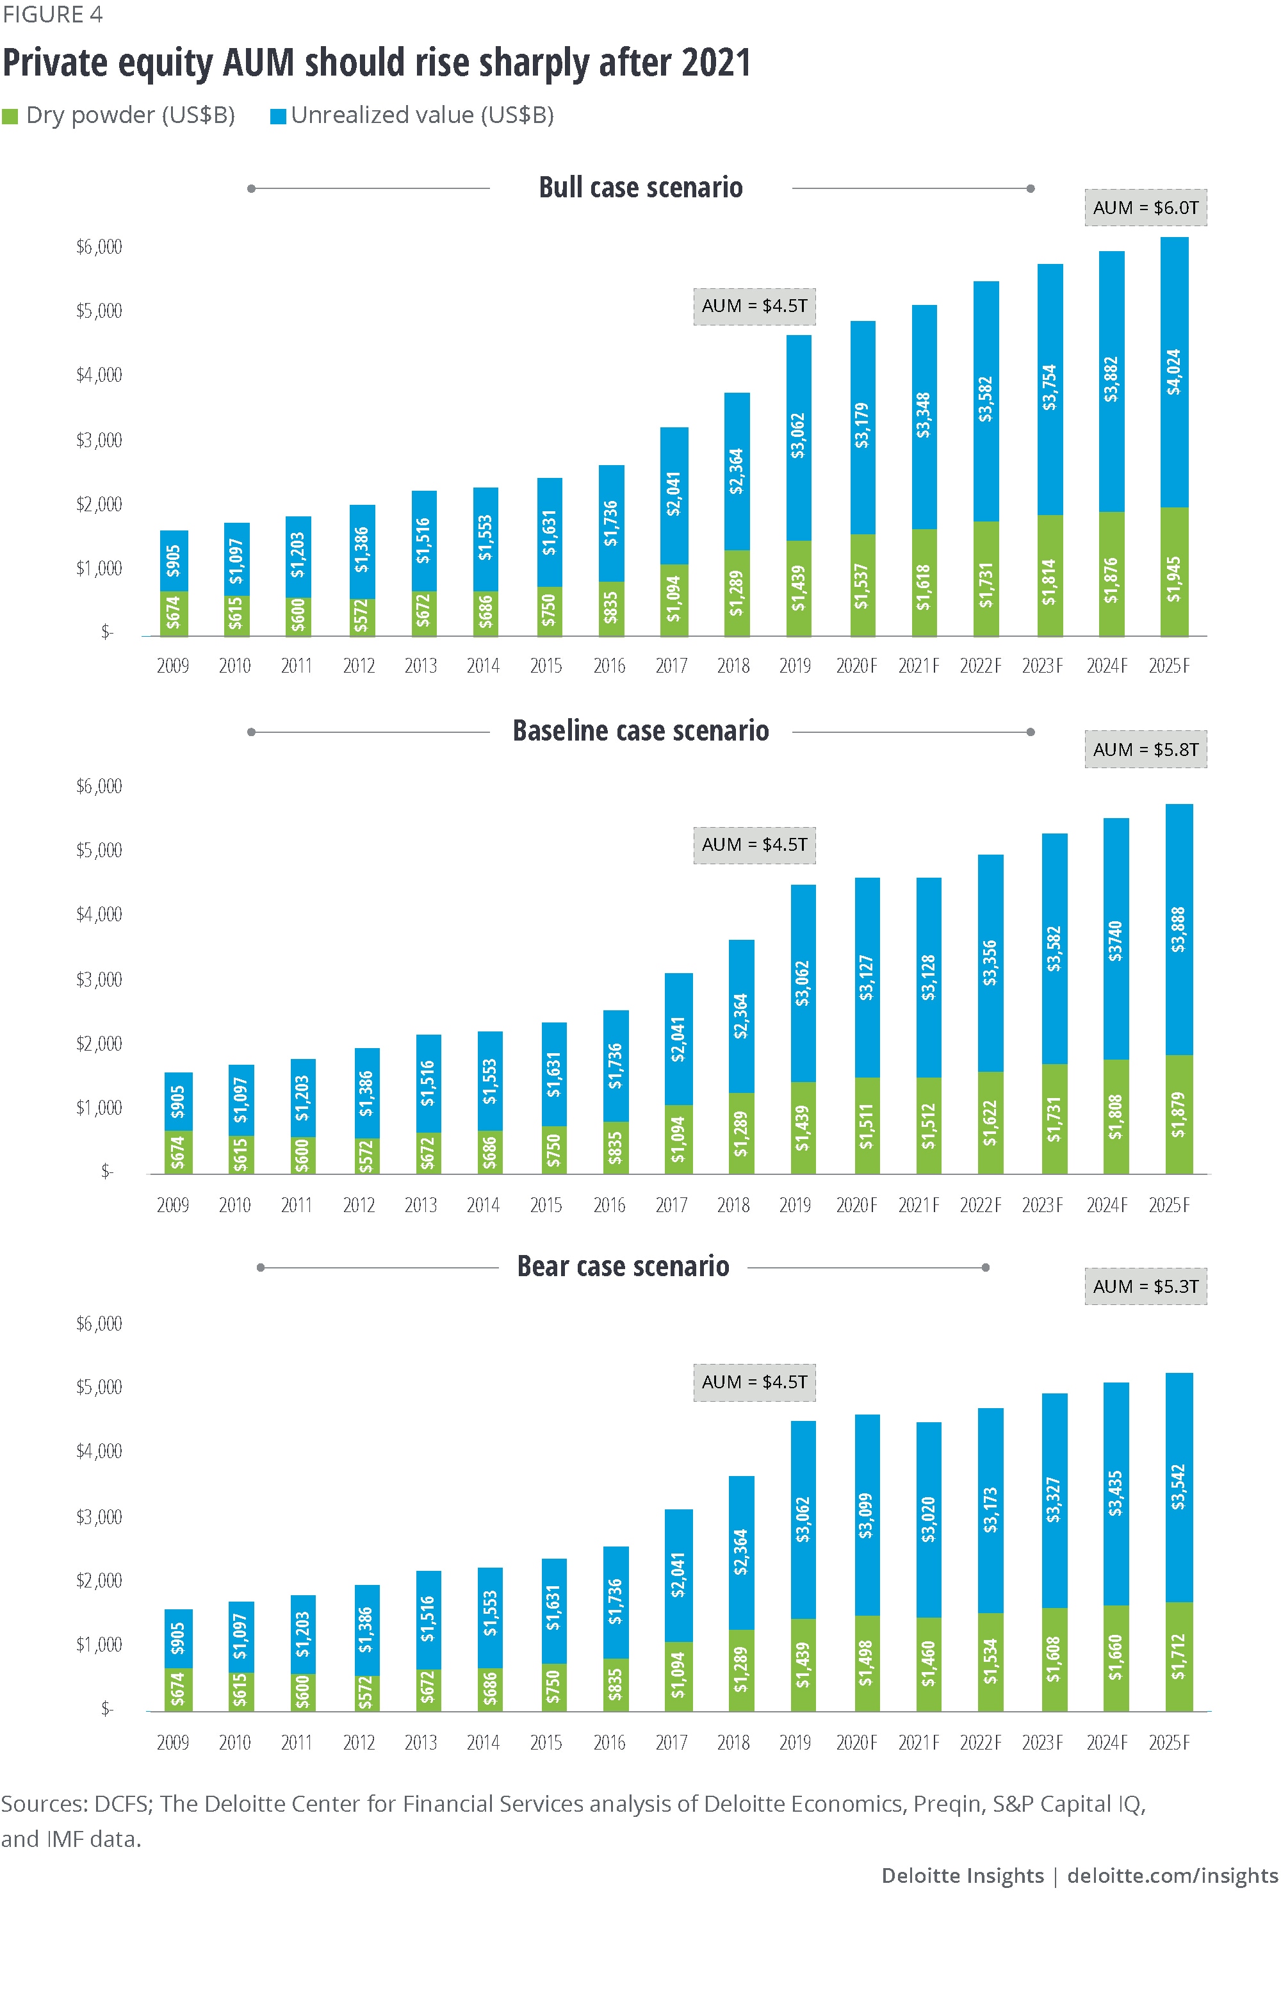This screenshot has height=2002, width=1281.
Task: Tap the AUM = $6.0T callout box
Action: tap(1145, 208)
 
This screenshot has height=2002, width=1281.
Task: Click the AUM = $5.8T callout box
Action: tap(1145, 750)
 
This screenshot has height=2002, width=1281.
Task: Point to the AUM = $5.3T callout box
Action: tap(1145, 1286)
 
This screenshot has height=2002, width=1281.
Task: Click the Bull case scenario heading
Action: tap(640, 188)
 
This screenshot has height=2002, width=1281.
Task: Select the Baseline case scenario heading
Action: tap(640, 731)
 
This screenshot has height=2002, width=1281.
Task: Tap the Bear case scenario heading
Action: tap(623, 1267)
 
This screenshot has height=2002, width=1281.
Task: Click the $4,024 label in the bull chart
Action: tap(1173, 372)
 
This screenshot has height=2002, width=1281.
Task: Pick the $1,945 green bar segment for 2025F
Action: tap(1173, 574)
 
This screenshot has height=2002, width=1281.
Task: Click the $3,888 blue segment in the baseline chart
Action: tap(1178, 929)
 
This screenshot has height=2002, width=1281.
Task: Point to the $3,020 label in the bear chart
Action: tap(928, 1520)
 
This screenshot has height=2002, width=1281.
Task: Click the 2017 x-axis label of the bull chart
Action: tap(671, 666)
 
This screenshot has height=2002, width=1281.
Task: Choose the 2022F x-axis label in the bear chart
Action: tap(981, 1743)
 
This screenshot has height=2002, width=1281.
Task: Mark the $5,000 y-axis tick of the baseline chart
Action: tap(99, 850)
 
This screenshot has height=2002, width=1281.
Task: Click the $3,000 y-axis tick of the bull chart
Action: tap(99, 440)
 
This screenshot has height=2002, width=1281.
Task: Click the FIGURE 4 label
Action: tap(52, 15)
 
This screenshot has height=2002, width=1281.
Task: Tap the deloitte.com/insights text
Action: tap(1171, 1876)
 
